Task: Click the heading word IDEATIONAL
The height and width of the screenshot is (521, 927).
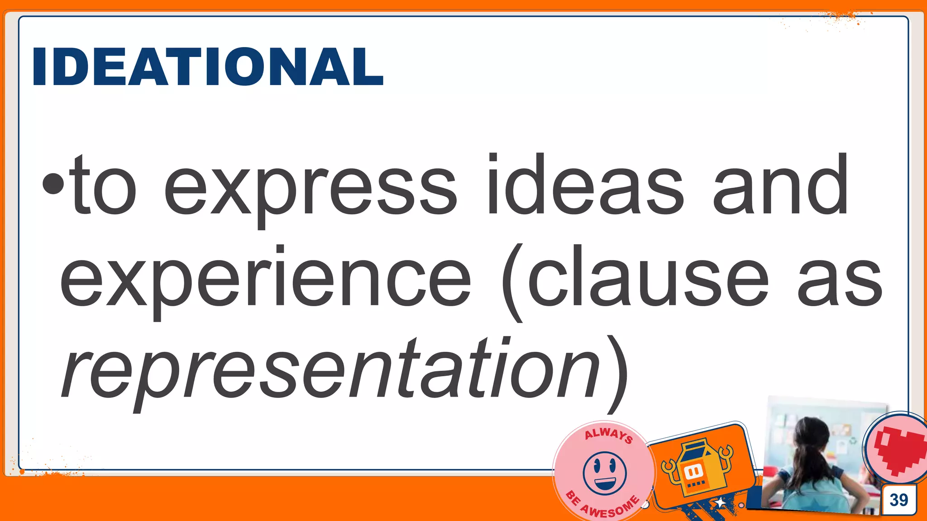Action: point(208,66)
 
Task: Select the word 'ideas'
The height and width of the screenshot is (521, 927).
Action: point(584,185)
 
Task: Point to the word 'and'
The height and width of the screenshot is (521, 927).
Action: point(780,185)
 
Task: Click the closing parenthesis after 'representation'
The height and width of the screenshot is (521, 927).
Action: point(616,373)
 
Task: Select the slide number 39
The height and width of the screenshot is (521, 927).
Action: point(899,500)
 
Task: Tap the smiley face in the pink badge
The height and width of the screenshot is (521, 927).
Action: point(605,473)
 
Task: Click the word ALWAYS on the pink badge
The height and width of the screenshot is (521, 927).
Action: point(608,435)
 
